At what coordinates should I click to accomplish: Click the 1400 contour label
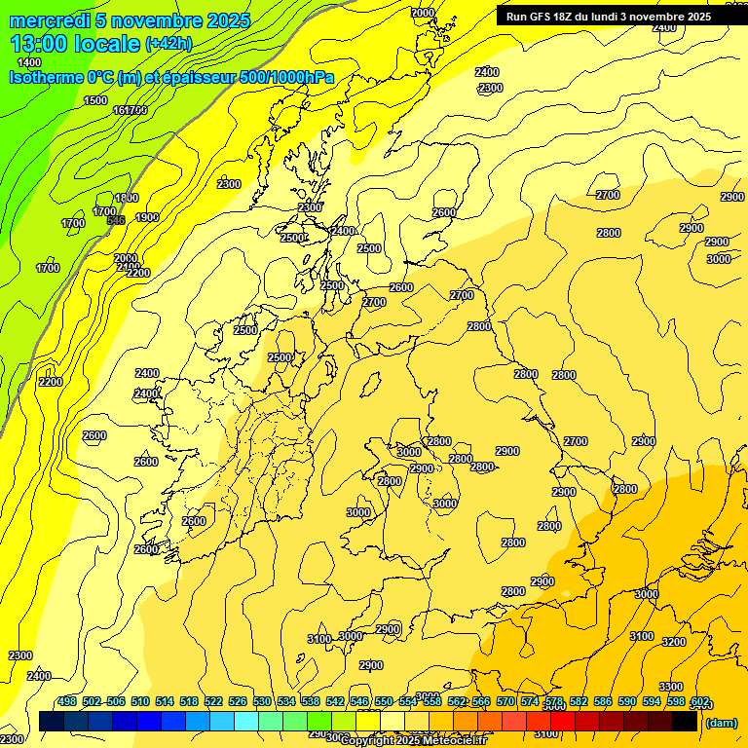click(x=29, y=62)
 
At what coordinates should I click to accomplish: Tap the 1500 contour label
click(x=95, y=100)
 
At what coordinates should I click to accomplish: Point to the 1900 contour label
click(x=147, y=217)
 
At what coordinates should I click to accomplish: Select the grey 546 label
click(x=115, y=221)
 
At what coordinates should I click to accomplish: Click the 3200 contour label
click(x=673, y=642)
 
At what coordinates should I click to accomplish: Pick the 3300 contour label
click(x=670, y=687)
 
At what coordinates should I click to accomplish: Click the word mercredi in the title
click(x=45, y=20)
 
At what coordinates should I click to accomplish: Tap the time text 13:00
click(x=42, y=43)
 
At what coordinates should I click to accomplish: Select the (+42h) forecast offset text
click(x=168, y=44)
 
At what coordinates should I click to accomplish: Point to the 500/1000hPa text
click(x=292, y=77)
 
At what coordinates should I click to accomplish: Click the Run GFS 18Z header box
click(x=609, y=16)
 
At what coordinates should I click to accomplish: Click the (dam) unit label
click(x=722, y=723)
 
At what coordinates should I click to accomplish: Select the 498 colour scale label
click(x=67, y=701)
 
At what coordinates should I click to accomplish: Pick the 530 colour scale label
click(x=262, y=701)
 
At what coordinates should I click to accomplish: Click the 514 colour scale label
click(x=165, y=701)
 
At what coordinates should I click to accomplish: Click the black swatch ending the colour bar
click(x=685, y=722)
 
